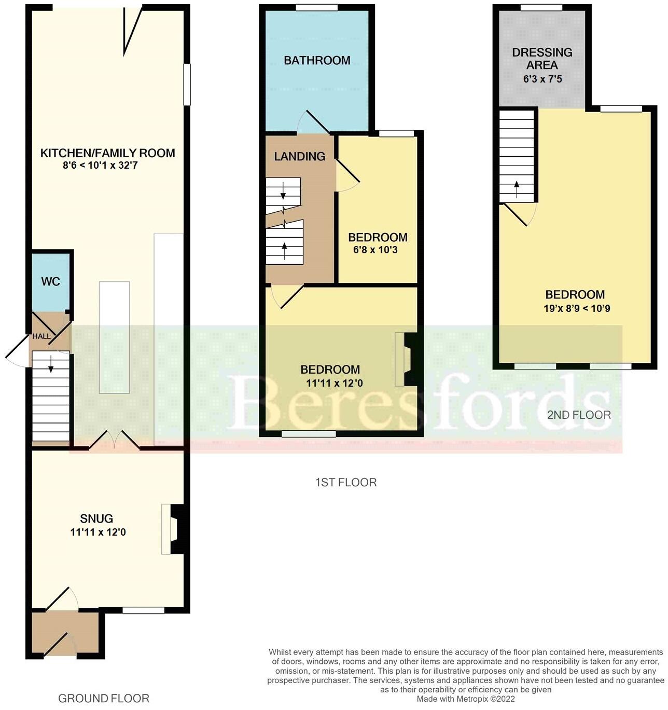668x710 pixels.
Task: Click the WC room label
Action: point(51,282)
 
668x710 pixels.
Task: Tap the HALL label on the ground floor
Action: point(41,336)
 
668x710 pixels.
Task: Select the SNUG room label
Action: point(96,518)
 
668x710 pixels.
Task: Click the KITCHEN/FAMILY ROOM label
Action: point(107,153)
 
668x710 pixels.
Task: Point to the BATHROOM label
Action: point(317,60)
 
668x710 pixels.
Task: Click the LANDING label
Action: point(300,156)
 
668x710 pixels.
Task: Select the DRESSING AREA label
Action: point(542,59)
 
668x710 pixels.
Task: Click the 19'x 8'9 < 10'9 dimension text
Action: point(577,308)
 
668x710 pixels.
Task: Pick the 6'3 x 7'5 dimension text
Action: point(542,79)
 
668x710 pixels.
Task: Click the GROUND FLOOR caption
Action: point(104,699)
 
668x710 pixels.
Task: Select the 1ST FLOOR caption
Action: point(346,483)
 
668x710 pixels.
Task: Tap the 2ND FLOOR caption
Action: point(579,415)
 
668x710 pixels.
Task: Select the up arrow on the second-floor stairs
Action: point(517,189)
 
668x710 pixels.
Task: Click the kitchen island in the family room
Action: point(114,337)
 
